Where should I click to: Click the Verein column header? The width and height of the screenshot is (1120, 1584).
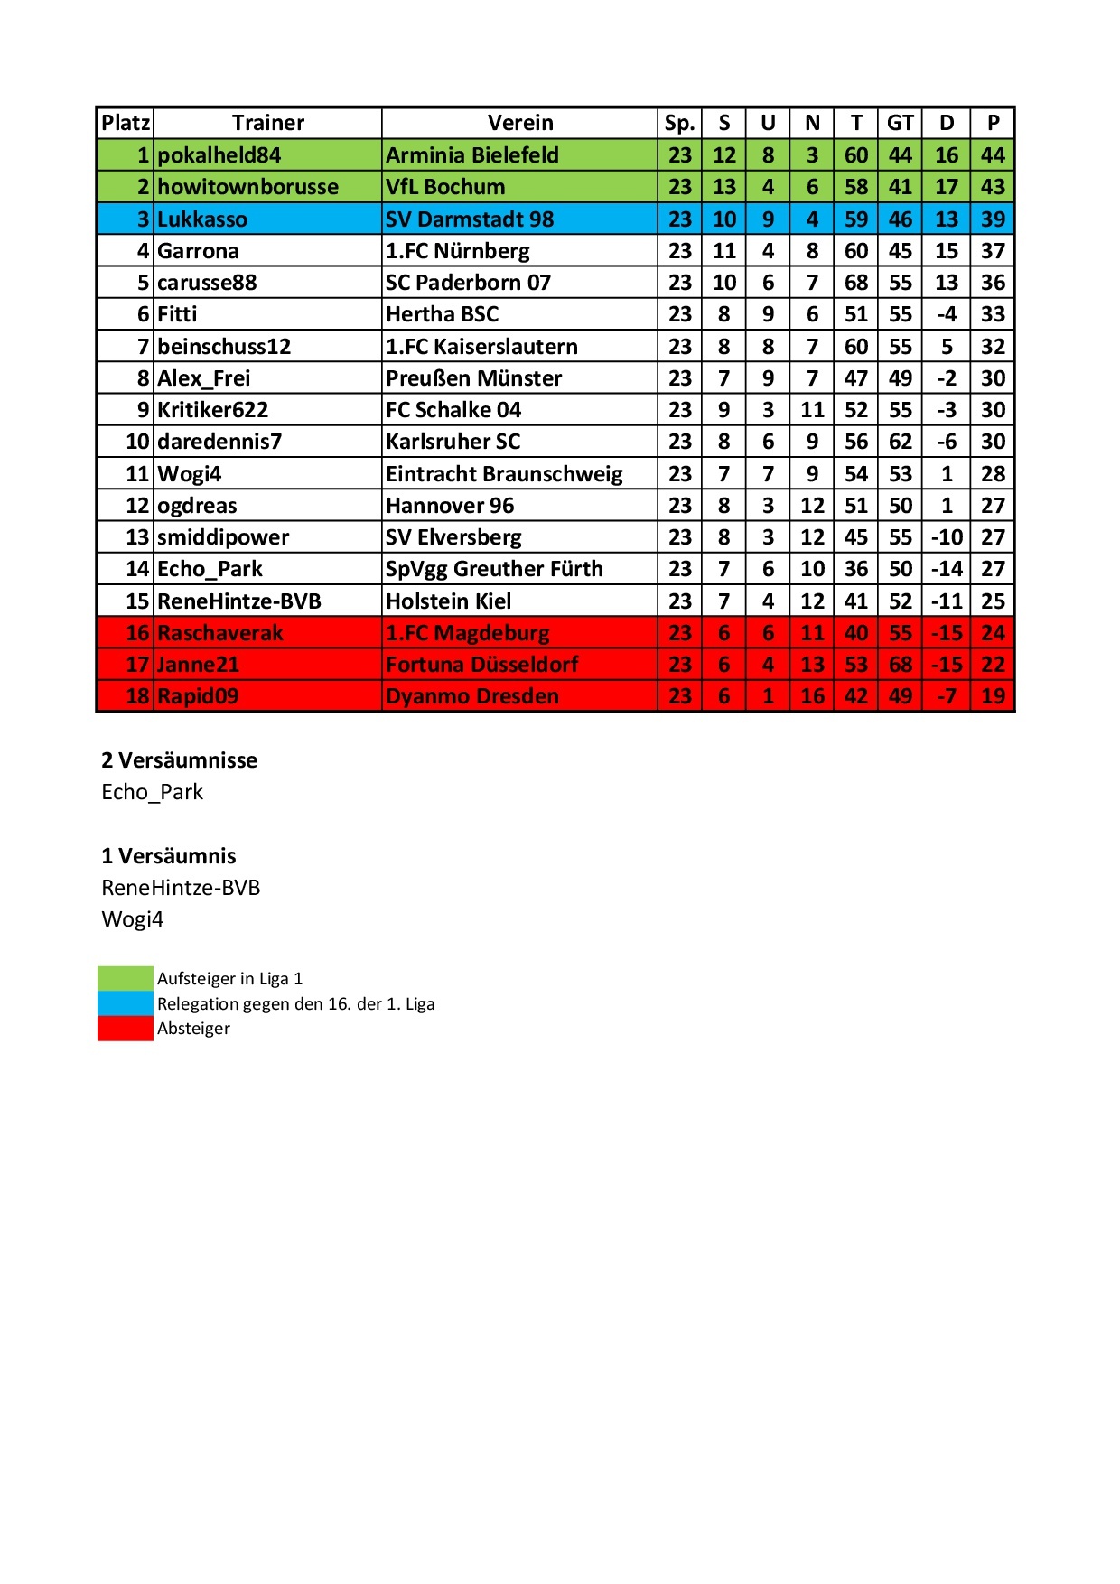(520, 123)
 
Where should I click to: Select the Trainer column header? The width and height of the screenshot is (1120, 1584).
(268, 123)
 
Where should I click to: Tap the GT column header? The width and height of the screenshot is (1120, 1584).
(900, 123)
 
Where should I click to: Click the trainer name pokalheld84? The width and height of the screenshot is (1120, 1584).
(219, 155)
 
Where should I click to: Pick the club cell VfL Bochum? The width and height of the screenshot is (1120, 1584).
(445, 187)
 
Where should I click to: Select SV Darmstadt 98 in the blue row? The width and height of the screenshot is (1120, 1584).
(470, 219)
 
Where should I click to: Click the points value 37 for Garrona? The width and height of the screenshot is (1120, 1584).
(993, 251)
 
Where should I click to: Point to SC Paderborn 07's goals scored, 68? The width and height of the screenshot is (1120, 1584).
(855, 283)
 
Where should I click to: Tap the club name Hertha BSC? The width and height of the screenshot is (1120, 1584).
(442, 314)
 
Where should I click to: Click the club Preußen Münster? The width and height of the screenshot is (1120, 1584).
(473, 378)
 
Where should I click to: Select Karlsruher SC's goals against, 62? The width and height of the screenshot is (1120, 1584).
(900, 442)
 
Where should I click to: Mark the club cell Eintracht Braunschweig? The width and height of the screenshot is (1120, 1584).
(504, 474)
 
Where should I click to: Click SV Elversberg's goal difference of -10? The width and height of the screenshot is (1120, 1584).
(946, 537)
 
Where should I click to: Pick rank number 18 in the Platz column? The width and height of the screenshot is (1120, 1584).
(137, 696)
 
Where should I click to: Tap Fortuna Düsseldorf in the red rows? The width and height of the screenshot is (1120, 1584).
(481, 665)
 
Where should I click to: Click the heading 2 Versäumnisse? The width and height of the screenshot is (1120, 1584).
(179, 760)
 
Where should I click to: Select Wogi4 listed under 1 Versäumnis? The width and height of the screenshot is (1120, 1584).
(133, 919)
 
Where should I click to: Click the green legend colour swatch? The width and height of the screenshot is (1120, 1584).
(126, 978)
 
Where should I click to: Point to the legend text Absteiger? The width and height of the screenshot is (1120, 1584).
(193, 1029)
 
